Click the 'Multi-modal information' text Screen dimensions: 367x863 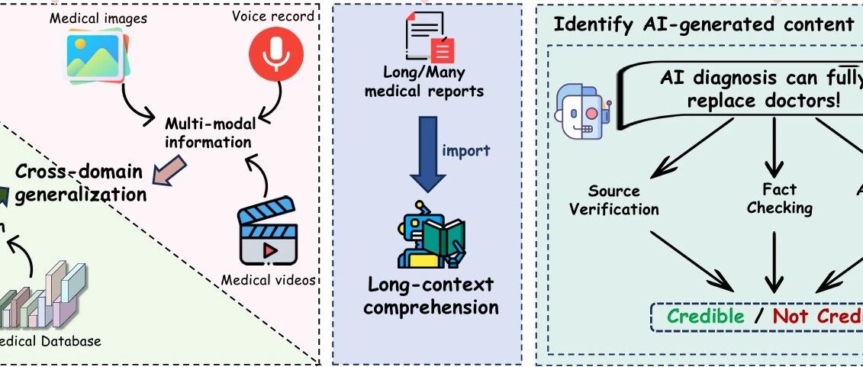click(208, 132)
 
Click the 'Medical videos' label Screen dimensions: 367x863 click(269, 280)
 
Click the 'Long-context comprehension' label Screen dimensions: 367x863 click(431, 296)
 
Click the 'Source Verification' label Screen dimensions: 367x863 click(613, 199)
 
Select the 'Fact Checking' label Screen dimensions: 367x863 click(779, 198)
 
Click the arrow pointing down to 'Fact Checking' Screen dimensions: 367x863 click(774, 148)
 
